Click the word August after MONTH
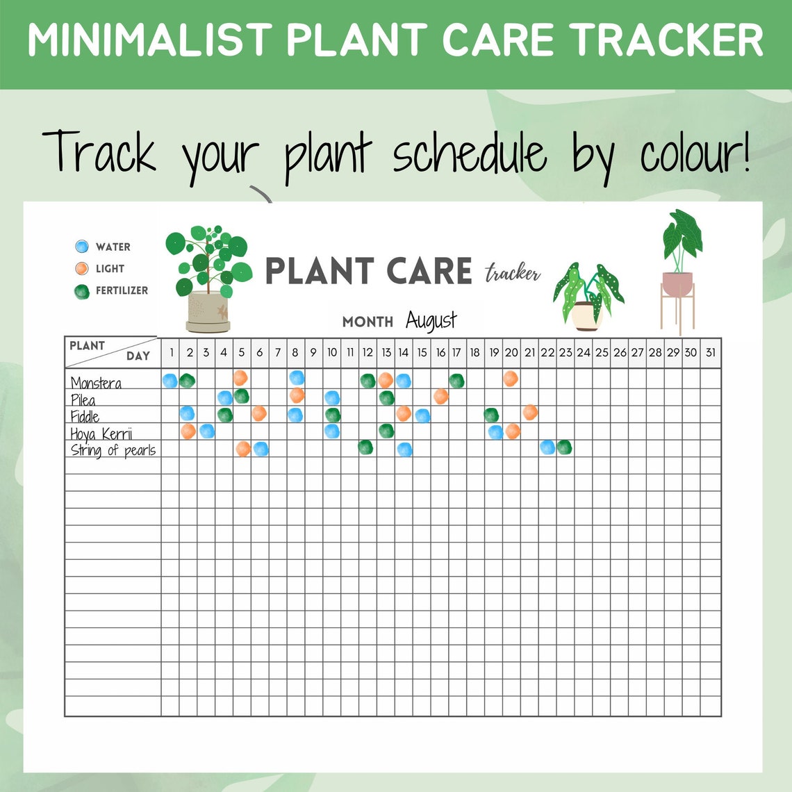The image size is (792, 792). pos(431,321)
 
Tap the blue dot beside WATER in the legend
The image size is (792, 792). pos(82,247)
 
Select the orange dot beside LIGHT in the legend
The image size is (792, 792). pos(82,269)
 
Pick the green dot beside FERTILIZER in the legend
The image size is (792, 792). pos(82,291)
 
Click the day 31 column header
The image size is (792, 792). pos(710,353)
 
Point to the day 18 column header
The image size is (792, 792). pos(475,353)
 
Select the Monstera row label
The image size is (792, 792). pos(96,383)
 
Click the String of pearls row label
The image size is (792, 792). pos(113,450)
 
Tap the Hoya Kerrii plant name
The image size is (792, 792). pos(101,434)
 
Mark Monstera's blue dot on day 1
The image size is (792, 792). pos(170,381)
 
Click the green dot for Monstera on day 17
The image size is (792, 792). pos(456,381)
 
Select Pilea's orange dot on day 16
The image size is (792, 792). pos(440,396)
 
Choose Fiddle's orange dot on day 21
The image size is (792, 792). pos(529,412)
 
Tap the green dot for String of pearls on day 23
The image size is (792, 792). pos(564,447)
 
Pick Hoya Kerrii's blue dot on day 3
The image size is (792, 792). pos(206,431)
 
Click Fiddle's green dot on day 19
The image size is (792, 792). pos(492,415)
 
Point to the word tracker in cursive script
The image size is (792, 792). pos(513,273)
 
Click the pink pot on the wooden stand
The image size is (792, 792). pos(677,283)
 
